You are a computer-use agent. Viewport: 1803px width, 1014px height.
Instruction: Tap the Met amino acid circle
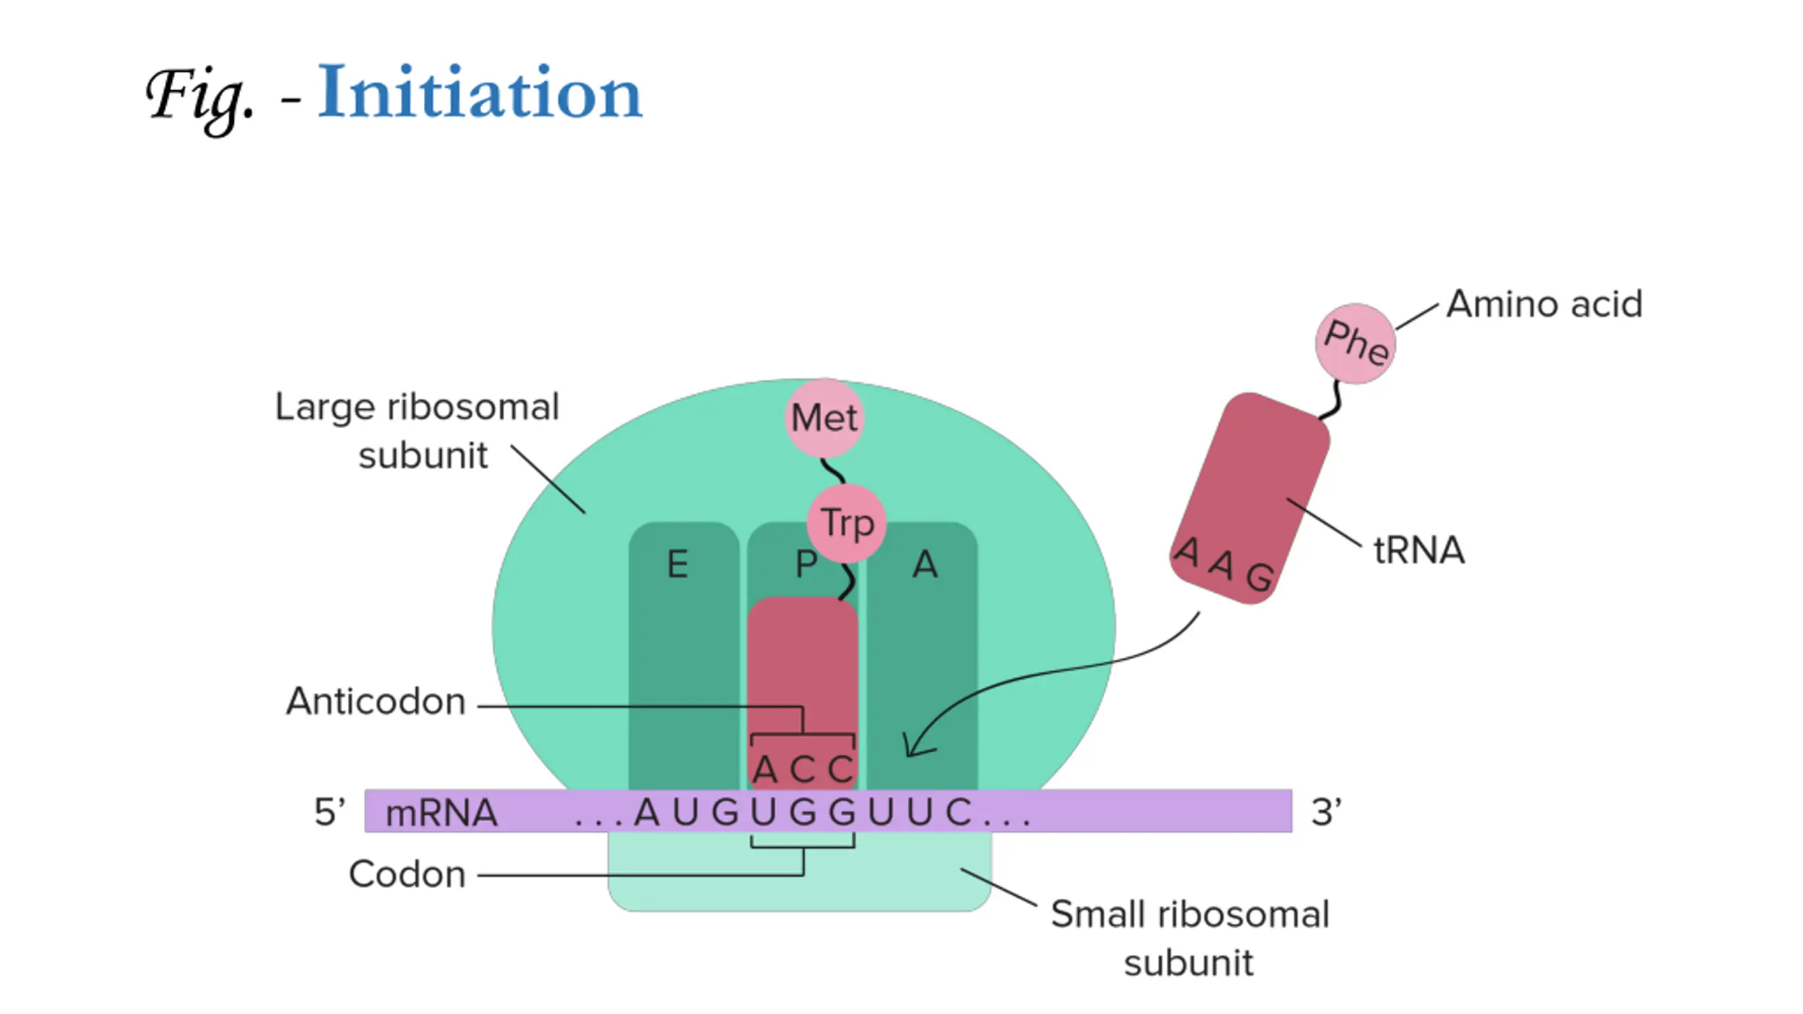pos(824,418)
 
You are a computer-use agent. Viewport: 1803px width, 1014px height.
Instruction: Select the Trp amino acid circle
pos(847,523)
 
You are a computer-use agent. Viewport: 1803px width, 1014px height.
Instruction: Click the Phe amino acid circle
pos(1356,344)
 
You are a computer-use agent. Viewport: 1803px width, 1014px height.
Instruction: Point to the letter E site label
pos(678,565)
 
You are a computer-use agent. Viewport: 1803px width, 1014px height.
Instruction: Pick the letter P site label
pos(806,565)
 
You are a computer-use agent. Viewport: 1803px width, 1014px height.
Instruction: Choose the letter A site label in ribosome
pos(925,565)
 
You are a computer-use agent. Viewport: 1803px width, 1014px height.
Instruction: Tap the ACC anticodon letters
pos(803,769)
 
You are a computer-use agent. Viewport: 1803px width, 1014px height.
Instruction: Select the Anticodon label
pos(376,701)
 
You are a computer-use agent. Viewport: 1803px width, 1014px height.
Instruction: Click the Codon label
pos(407,875)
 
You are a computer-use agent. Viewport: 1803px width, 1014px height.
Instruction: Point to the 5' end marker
pos(330,811)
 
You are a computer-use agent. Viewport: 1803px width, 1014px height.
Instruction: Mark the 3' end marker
pos(1326,811)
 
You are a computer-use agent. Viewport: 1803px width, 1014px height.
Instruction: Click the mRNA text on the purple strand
pos(442,813)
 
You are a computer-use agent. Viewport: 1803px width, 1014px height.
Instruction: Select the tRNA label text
pos(1419,550)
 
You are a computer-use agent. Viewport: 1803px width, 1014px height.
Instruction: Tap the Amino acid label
pos(1545,304)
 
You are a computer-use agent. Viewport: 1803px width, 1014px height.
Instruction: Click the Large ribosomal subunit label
pos(417,431)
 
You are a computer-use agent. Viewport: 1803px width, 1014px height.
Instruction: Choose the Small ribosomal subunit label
pos(1190,939)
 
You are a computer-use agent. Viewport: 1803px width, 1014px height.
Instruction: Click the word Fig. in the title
pos(199,99)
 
